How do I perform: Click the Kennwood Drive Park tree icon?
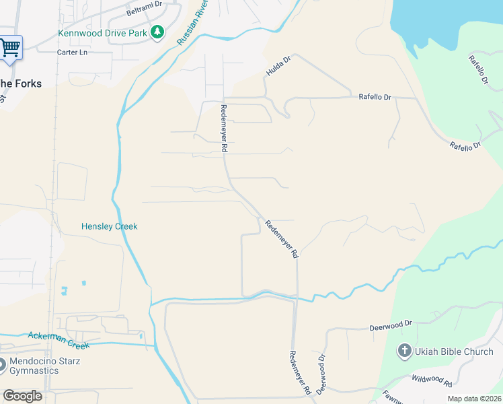157,32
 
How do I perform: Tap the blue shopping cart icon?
10,48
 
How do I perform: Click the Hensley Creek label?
109,227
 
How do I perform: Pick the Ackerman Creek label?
59,340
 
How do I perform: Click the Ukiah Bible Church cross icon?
404,351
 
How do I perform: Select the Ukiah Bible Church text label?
455,351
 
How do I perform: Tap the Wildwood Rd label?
431,381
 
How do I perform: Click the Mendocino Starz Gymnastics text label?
44,366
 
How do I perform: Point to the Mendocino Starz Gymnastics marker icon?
2,366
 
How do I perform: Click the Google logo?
22,396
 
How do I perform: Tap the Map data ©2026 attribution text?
474,399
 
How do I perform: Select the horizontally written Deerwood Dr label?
390,325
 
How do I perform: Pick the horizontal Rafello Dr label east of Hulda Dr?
374,98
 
